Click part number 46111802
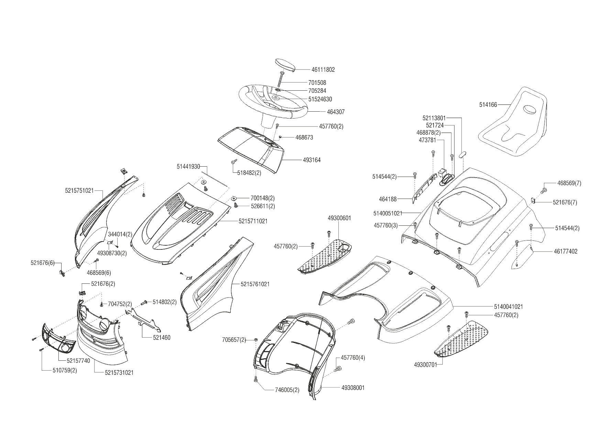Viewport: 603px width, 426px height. (323, 70)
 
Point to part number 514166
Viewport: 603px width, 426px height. (488, 105)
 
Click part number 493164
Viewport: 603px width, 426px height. (312, 160)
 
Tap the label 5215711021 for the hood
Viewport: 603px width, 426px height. (253, 221)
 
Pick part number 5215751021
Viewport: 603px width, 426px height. (79, 191)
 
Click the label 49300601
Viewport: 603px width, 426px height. (339, 218)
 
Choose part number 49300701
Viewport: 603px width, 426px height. (426, 365)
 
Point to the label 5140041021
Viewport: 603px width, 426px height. (508, 306)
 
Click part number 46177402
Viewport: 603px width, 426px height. (566, 251)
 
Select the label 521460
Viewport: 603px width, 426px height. (162, 338)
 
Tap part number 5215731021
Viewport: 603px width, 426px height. (119, 372)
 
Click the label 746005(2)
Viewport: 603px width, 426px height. (287, 390)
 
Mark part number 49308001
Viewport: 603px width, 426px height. (353, 388)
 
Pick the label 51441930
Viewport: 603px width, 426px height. (188, 167)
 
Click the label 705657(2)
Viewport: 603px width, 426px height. (234, 340)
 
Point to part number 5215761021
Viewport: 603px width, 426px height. (255, 284)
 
